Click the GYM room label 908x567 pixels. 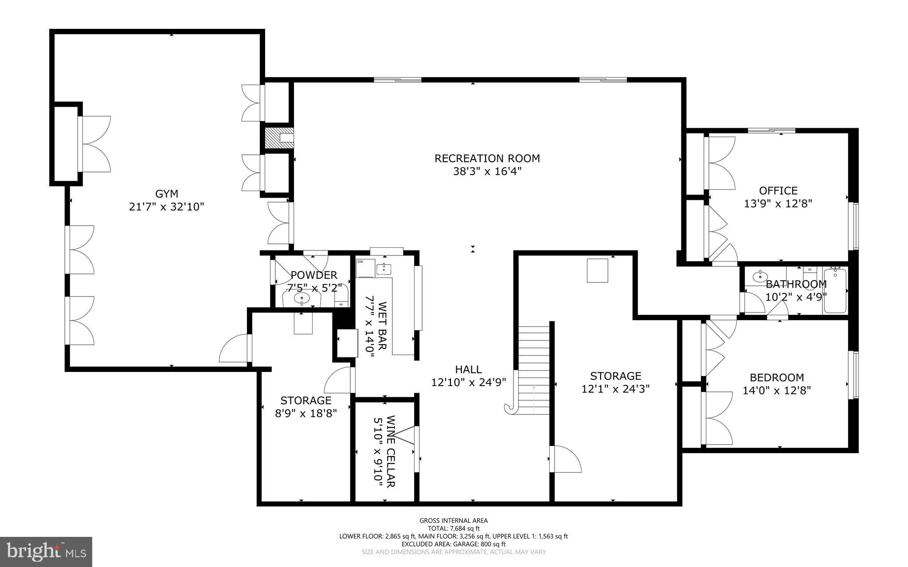[167, 194]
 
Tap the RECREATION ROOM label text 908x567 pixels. [487, 158]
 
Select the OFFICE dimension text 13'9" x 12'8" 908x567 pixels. [778, 204]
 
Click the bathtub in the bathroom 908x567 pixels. [835, 291]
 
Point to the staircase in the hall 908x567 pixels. [534, 370]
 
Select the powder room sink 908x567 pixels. [302, 298]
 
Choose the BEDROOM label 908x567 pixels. [777, 378]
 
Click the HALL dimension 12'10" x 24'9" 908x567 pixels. [469, 382]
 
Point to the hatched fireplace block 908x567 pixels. [273, 138]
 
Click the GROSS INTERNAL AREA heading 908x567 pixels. [454, 520]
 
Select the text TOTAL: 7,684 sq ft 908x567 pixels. [454, 528]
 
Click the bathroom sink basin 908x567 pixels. [759, 278]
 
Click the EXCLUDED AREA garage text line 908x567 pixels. [454, 544]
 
